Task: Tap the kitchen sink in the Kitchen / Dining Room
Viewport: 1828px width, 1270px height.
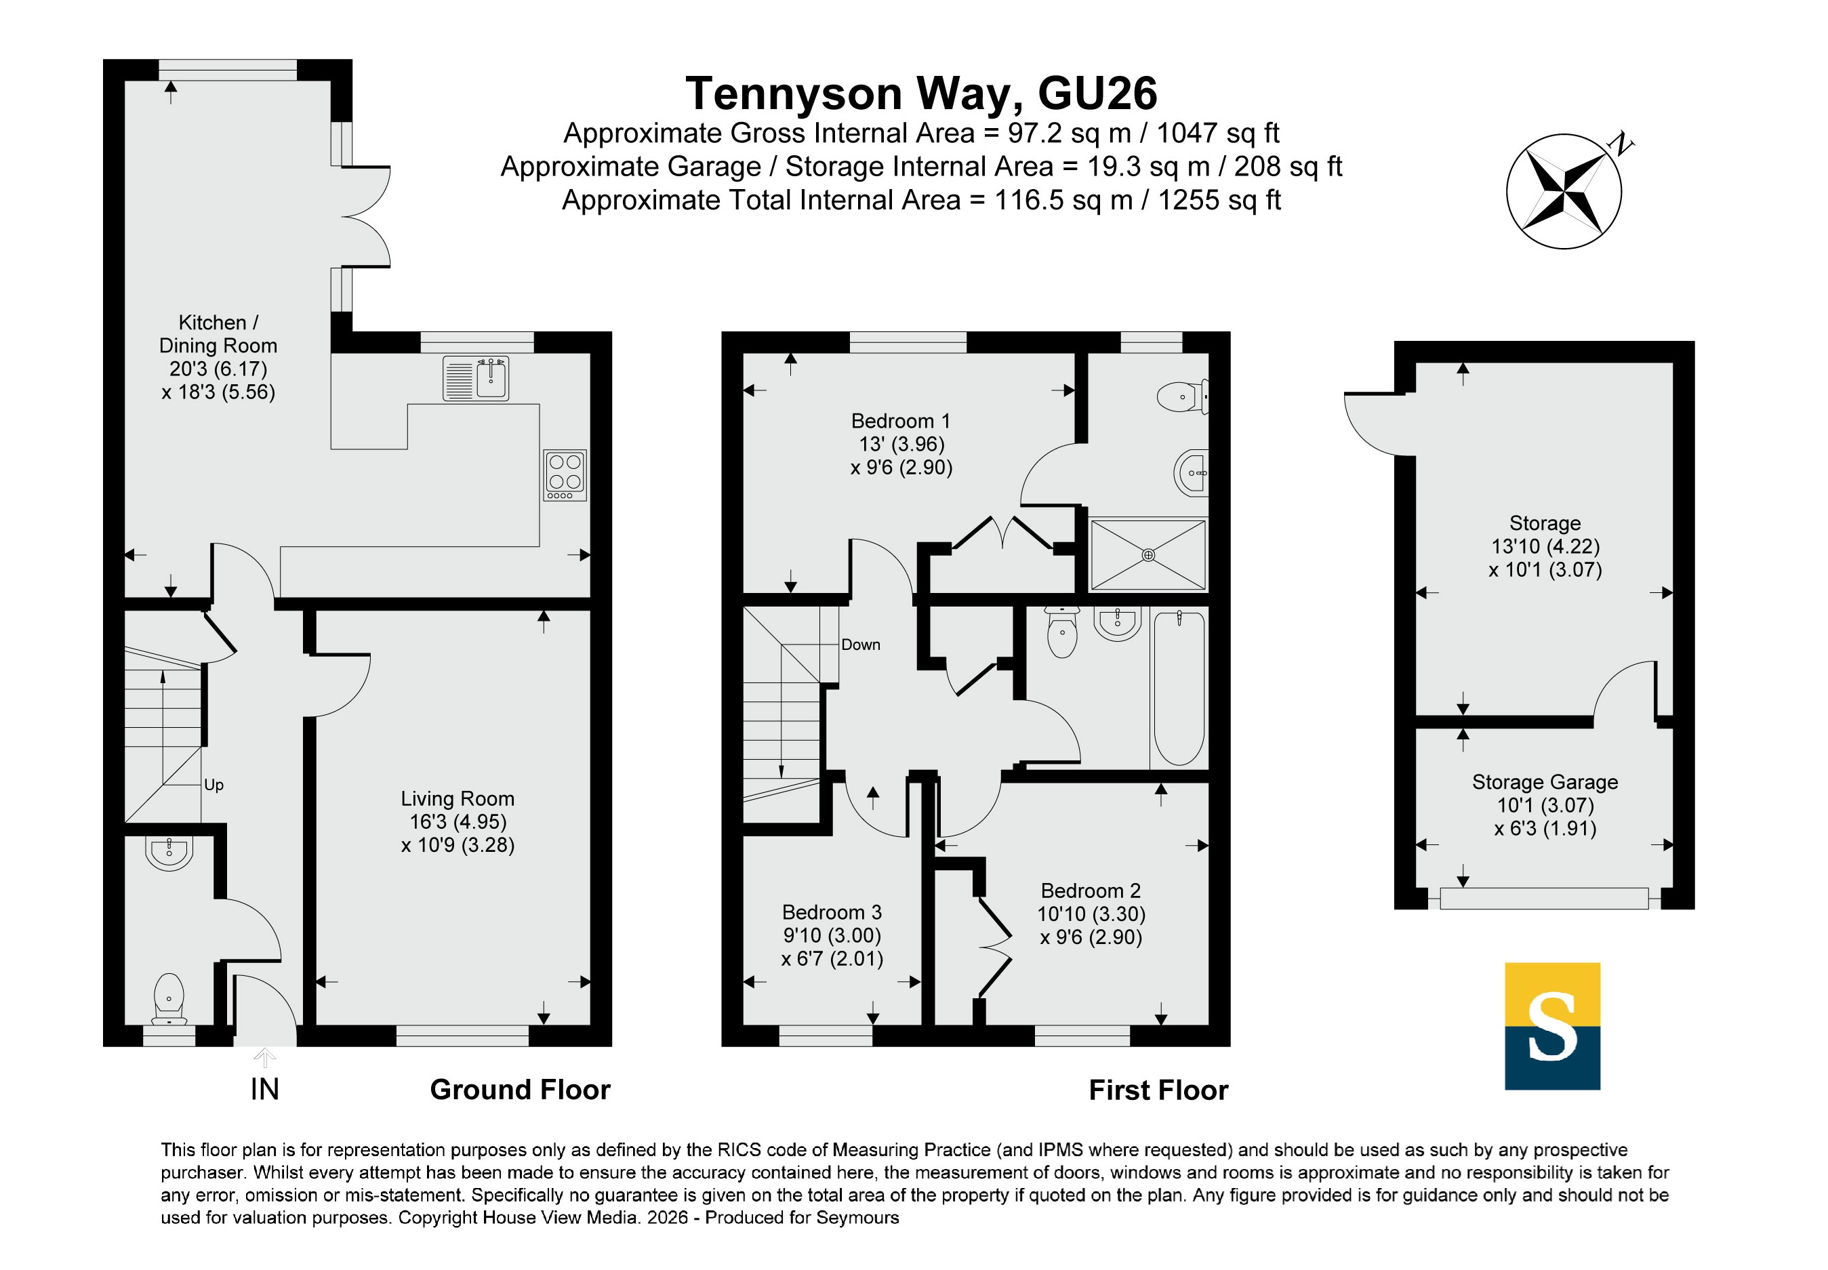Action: pos(476,378)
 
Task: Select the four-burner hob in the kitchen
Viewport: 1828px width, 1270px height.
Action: pos(565,475)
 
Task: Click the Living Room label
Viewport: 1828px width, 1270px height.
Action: pos(457,798)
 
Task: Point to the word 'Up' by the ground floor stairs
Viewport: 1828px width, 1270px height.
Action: pos(214,785)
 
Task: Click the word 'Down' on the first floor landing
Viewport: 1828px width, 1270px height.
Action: pos(860,644)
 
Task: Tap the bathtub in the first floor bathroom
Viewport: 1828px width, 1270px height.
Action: pos(1179,689)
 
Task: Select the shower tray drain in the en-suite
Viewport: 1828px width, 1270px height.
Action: pos(1147,554)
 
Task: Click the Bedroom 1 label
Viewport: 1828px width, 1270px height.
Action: pos(900,421)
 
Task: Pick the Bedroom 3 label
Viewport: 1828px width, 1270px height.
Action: pos(832,912)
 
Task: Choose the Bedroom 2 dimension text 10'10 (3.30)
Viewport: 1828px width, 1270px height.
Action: pos(1091,914)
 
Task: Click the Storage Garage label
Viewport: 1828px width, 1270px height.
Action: pos(1545,782)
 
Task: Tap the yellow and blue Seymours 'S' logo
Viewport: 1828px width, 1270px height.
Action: pos(1552,1027)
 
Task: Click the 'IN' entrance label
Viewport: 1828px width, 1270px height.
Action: pos(264,1089)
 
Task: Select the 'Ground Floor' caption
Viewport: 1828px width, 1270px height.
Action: pos(520,1089)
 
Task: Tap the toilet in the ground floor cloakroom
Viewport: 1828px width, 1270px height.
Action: pos(169,999)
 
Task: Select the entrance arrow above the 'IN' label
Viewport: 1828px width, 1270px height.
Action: pos(264,1057)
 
